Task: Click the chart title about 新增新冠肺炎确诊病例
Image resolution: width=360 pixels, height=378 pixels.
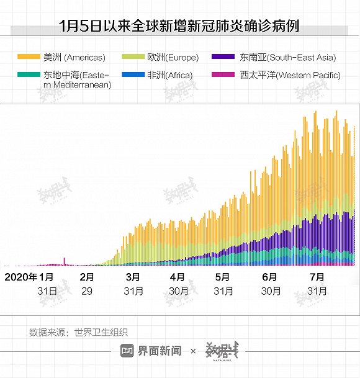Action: (179, 26)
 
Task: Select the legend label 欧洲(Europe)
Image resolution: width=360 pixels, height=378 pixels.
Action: (173, 58)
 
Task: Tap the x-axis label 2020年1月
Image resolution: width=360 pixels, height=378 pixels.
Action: (30, 277)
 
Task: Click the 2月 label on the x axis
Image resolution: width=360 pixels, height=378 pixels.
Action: (87, 277)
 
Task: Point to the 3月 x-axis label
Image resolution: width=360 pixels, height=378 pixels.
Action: (132, 277)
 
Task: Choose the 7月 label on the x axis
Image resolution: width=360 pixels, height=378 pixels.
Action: (317, 277)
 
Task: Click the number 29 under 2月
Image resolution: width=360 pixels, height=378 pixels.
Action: (87, 290)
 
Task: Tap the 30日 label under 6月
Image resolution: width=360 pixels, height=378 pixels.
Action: (271, 290)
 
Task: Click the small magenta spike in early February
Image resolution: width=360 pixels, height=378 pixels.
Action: (65, 261)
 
